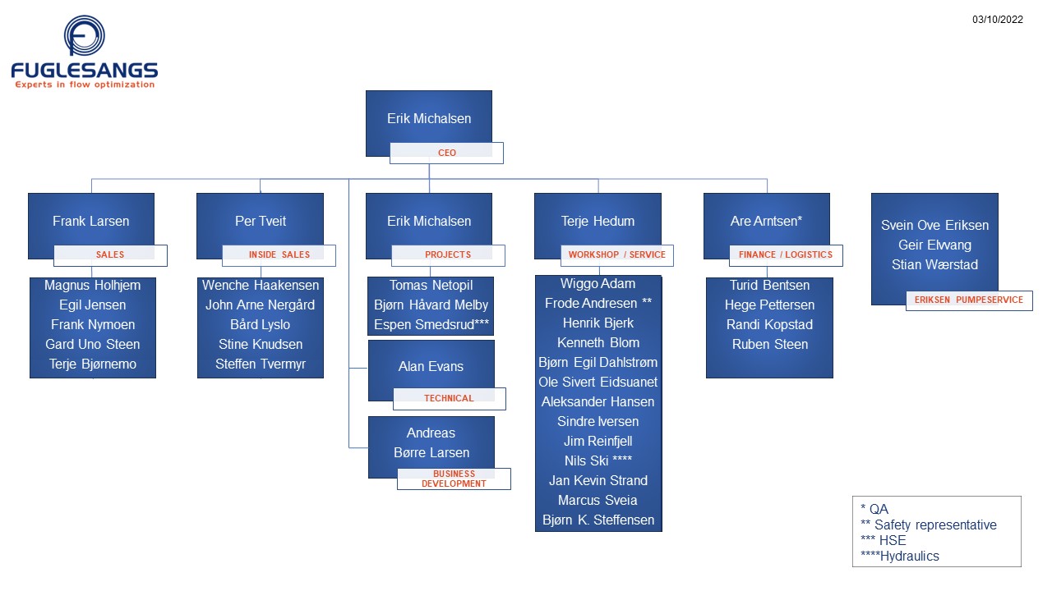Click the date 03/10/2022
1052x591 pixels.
click(998, 19)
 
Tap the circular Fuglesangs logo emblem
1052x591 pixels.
click(85, 35)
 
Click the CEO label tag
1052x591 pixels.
click(446, 153)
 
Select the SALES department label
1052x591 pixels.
click(110, 254)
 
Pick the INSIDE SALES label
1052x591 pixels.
click(279, 254)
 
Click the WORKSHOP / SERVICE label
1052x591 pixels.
click(617, 254)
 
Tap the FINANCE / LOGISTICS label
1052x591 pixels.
click(786, 254)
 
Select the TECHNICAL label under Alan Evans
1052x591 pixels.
click(450, 398)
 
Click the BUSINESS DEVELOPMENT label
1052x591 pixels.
click(454, 479)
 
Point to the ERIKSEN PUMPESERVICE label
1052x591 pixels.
click(969, 300)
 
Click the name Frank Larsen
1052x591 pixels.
click(90, 221)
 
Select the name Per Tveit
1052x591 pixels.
click(261, 221)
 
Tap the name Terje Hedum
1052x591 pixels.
click(598, 221)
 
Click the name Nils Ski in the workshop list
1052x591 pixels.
click(587, 460)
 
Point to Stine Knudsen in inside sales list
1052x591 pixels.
click(261, 344)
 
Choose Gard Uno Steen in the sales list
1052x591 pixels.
click(93, 344)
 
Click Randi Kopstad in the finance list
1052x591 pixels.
click(770, 324)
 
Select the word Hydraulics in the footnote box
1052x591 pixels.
click(910, 556)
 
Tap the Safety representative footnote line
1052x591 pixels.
click(929, 525)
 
